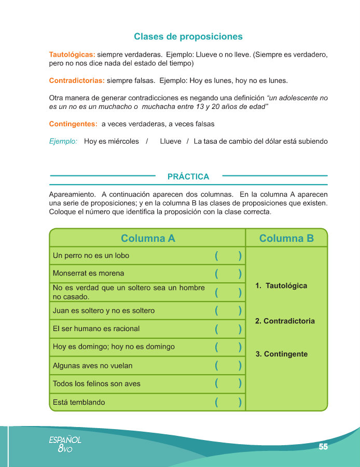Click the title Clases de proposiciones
click(x=188, y=37)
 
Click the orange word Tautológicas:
click(x=72, y=54)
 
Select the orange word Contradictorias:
click(x=77, y=81)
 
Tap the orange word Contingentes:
click(x=73, y=124)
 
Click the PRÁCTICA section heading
click(x=188, y=177)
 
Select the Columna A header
click(x=148, y=239)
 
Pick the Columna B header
click(x=286, y=239)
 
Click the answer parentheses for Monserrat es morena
click(x=228, y=273)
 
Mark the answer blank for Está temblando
click(x=228, y=403)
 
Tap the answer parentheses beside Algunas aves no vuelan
click(x=228, y=366)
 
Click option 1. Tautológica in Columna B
click(x=281, y=286)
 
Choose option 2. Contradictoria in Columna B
click(x=285, y=321)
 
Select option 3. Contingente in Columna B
click(x=282, y=354)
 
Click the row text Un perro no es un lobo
click(x=91, y=255)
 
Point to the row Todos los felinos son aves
click(x=96, y=384)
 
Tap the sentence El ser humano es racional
click(x=96, y=328)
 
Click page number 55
click(x=323, y=447)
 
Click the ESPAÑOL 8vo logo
click(x=65, y=444)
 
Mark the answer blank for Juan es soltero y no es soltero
click(x=228, y=311)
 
